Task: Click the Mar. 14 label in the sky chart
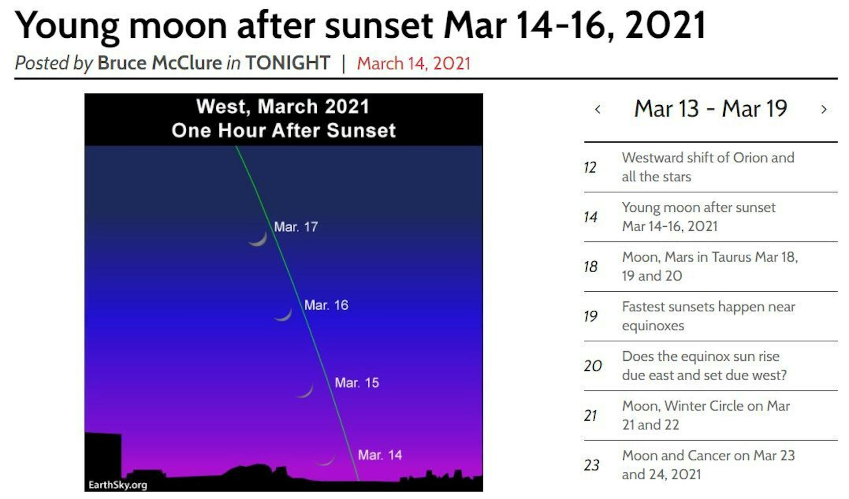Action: tap(380, 455)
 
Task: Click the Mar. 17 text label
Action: tap(296, 227)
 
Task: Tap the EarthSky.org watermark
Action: tap(118, 485)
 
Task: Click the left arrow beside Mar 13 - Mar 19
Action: tap(598, 109)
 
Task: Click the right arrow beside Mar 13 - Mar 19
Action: tap(824, 109)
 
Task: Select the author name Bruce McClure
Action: tap(160, 63)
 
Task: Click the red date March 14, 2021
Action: tap(413, 63)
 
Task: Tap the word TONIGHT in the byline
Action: tap(288, 63)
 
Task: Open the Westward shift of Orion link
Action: tap(708, 167)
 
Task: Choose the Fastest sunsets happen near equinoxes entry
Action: tap(708, 316)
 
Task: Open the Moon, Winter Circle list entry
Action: tap(706, 415)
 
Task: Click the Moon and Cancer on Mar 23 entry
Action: tap(708, 465)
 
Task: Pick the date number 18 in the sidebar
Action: tap(591, 267)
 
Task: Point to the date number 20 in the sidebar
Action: tap(593, 366)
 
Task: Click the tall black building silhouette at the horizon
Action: tap(103, 458)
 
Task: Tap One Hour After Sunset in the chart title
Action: tap(283, 130)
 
